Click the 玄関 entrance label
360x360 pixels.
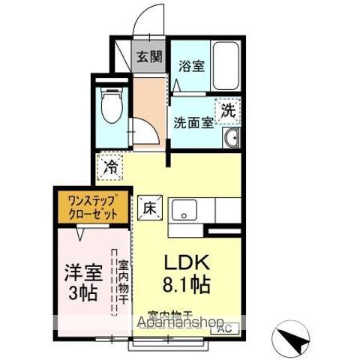pos(149,55)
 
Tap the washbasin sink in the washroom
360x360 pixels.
pos(230,137)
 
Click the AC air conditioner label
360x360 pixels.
pos(223,328)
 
